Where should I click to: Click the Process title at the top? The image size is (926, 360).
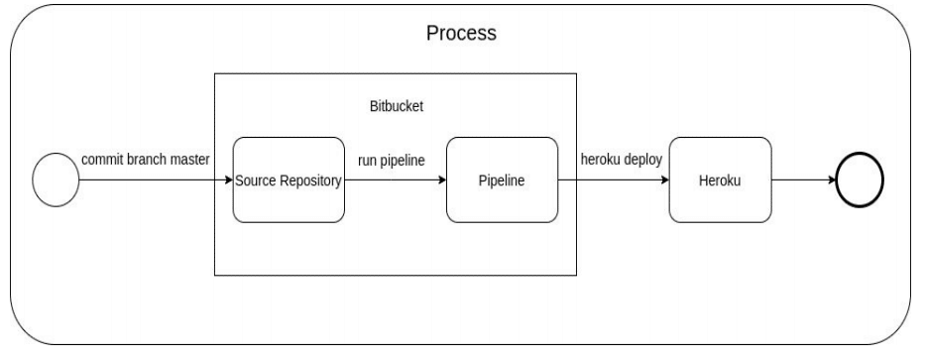pos(461,33)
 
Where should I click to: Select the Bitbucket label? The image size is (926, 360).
pos(397,106)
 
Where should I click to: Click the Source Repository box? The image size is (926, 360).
pos(289,180)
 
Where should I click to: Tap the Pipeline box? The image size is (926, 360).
pos(502,180)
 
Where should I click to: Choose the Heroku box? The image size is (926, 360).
pos(720,180)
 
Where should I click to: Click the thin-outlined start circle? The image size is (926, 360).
pos(56,180)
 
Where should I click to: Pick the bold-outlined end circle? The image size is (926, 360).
pos(860,180)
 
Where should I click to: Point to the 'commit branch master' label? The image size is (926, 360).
pos(146,160)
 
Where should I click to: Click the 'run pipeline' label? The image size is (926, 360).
pos(391,161)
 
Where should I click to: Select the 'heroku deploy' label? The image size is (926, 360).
pos(622,160)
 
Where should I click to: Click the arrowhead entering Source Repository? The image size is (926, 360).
pos(229,180)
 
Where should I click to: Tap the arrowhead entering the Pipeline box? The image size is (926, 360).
pos(442,180)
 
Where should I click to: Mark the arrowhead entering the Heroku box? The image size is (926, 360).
pos(665,180)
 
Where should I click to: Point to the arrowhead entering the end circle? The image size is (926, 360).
pos(833,180)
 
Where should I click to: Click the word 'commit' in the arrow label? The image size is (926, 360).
pos(102,160)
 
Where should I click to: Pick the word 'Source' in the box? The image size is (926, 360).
pos(256,180)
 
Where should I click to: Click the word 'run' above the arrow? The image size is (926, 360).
pos(367,161)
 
